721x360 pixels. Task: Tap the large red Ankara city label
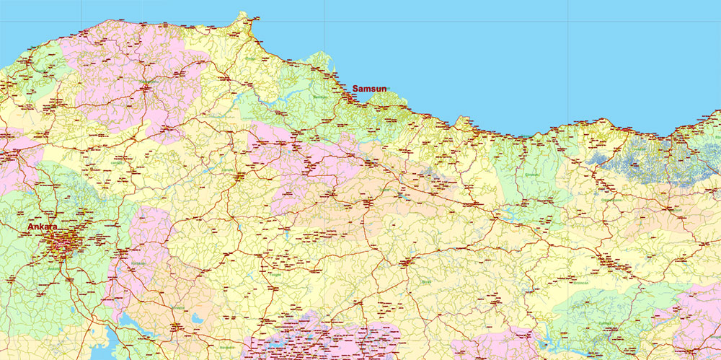tap(43, 227)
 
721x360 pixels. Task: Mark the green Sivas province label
tap(425, 281)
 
